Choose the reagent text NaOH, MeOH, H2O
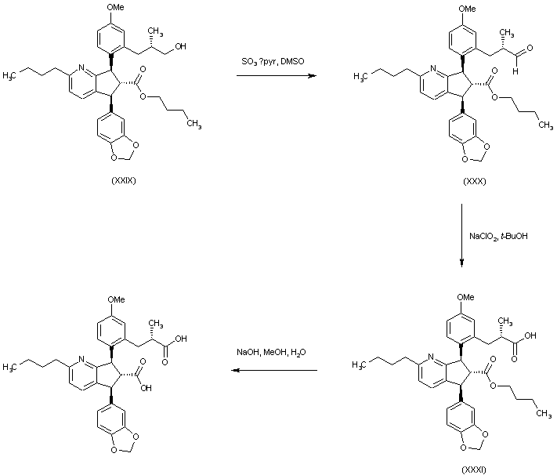(271, 352)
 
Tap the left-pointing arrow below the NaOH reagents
(271, 369)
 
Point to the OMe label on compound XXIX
(116, 9)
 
